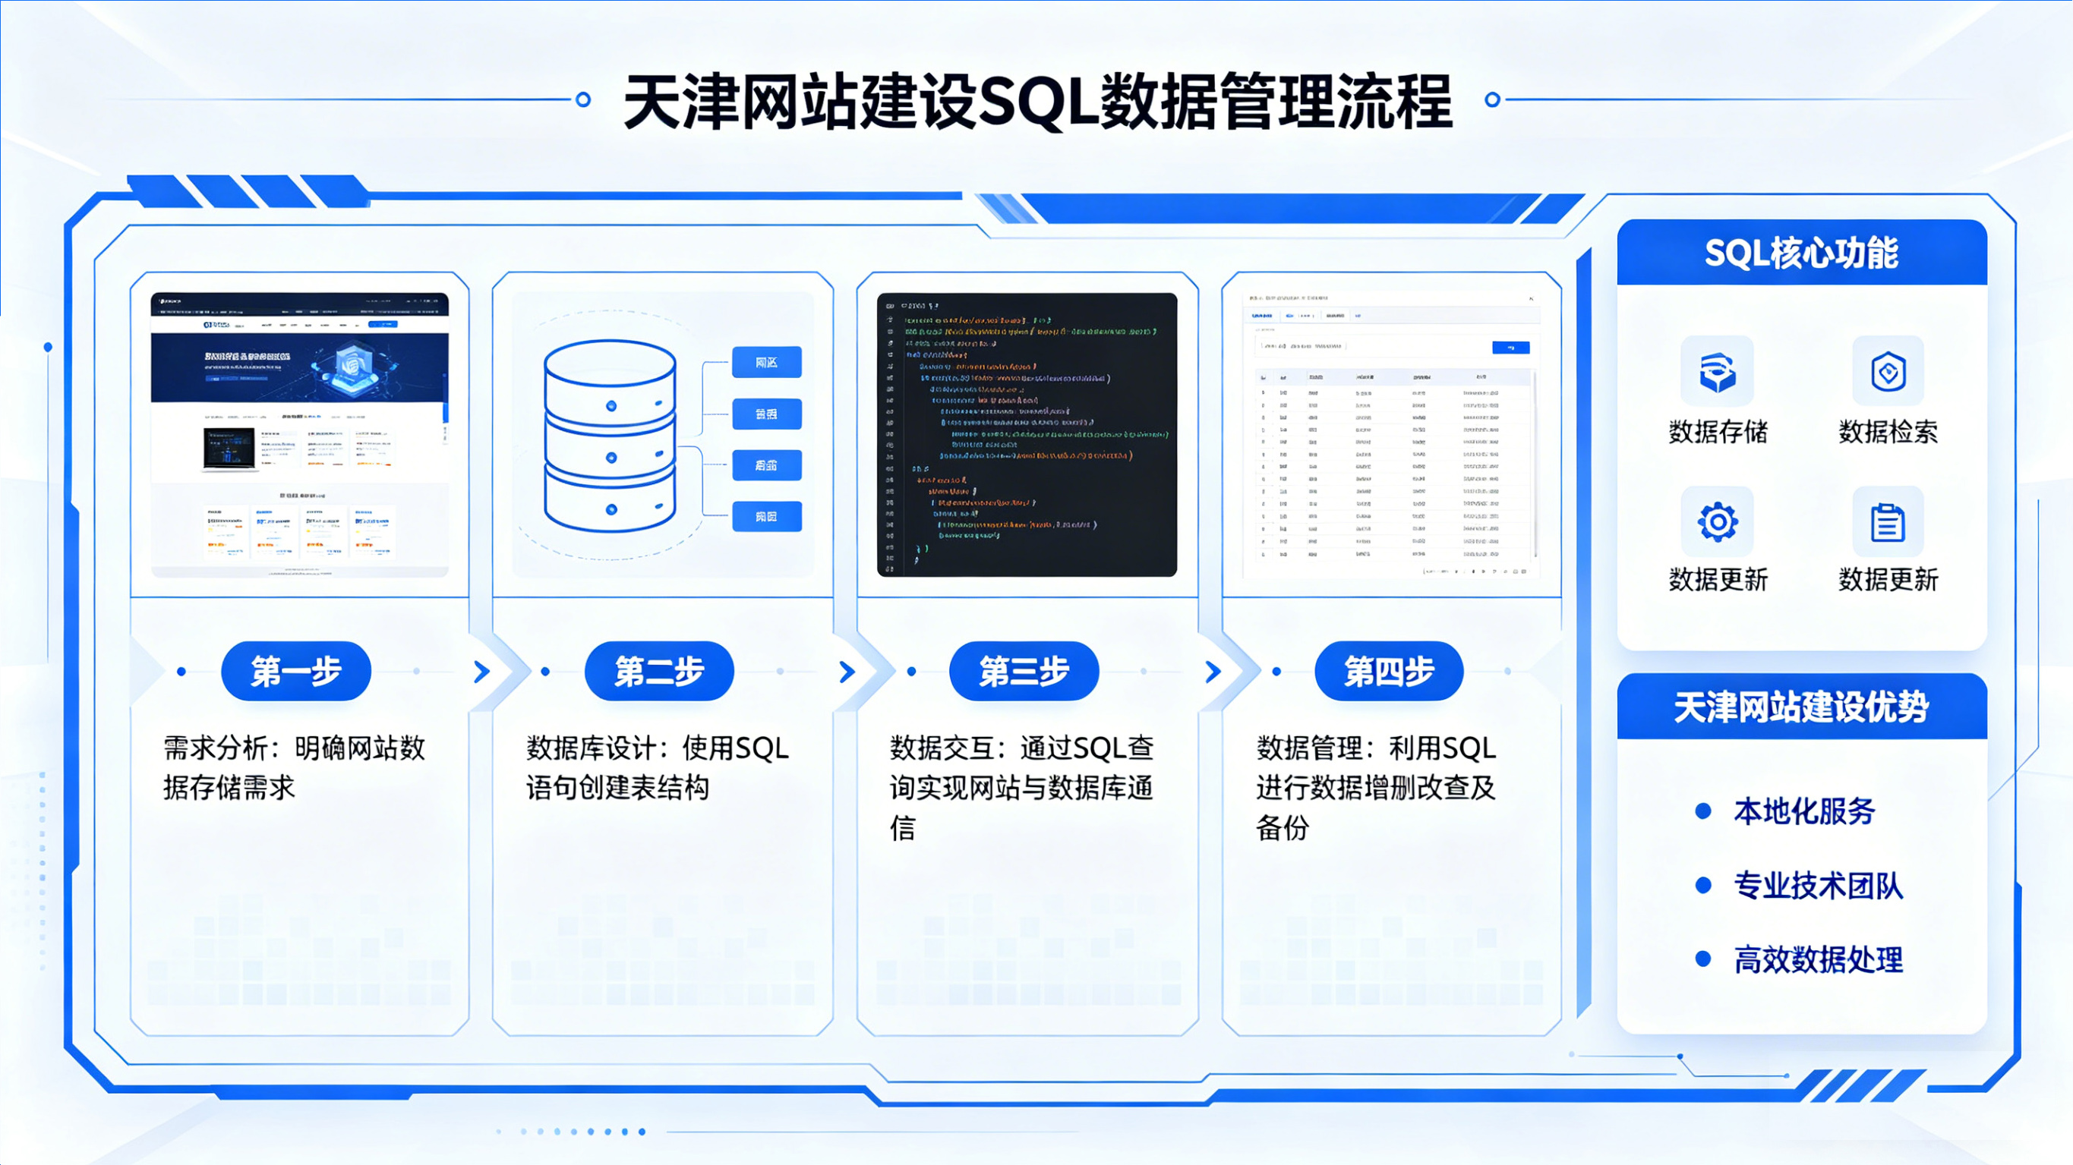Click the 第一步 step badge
pos(295,671)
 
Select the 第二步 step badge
pos(659,671)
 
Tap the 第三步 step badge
pos(1024,671)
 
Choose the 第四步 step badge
pos(1389,671)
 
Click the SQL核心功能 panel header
pos(1801,253)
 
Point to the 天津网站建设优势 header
pos(1801,707)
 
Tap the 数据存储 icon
pos(1717,372)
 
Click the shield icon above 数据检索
pos(1888,372)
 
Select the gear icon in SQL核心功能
pos(1717,522)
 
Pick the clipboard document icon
pos(1888,522)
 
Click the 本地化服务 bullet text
pos(1804,811)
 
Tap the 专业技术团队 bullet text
pos(1818,885)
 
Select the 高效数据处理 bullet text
pos(1818,959)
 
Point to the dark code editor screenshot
pos(1027,434)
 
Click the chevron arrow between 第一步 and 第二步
pos(482,671)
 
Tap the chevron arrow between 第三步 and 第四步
pos(1213,671)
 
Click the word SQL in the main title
pos(1038,102)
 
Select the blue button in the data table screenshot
pos(1510,348)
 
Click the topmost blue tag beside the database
pos(766,362)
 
